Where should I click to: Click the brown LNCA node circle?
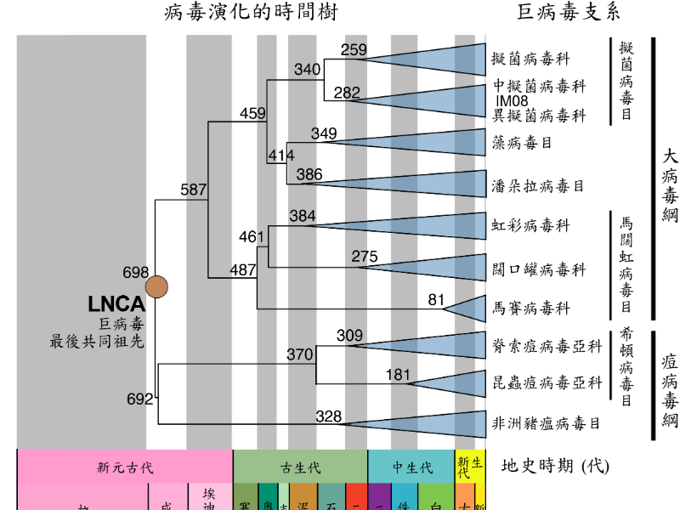coord(157,287)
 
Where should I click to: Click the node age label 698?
coord(136,273)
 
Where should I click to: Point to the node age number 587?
coord(194,190)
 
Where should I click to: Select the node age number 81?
coord(437,299)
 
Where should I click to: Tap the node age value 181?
coord(398,375)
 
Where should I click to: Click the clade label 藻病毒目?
coord(522,143)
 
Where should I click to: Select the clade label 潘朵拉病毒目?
coord(538,184)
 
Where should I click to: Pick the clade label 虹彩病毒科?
coord(530,225)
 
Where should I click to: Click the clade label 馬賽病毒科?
coord(530,308)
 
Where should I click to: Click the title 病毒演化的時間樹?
coord(244,12)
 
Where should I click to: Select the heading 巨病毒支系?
coord(569,12)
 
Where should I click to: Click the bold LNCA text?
coord(116,304)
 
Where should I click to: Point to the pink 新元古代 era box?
coord(125,467)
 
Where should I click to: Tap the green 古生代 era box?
coord(300,467)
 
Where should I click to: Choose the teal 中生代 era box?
coord(411,467)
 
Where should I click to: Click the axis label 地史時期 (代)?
coord(556,466)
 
